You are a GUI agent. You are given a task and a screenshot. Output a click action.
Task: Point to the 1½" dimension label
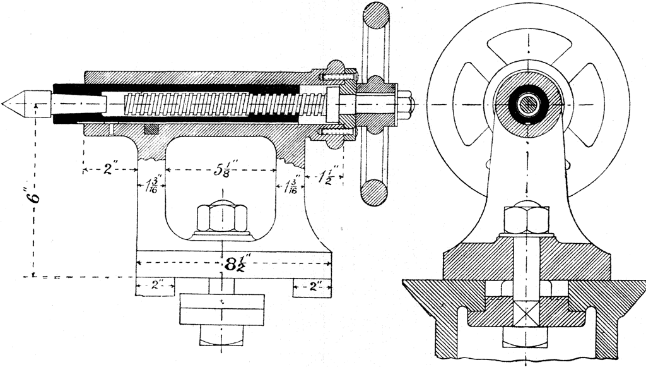[327, 175]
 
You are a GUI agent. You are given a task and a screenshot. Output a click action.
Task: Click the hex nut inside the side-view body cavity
[221, 218]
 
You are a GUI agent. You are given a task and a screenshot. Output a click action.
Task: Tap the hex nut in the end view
[525, 220]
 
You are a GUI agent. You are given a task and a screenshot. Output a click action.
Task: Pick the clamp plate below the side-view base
[221, 308]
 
